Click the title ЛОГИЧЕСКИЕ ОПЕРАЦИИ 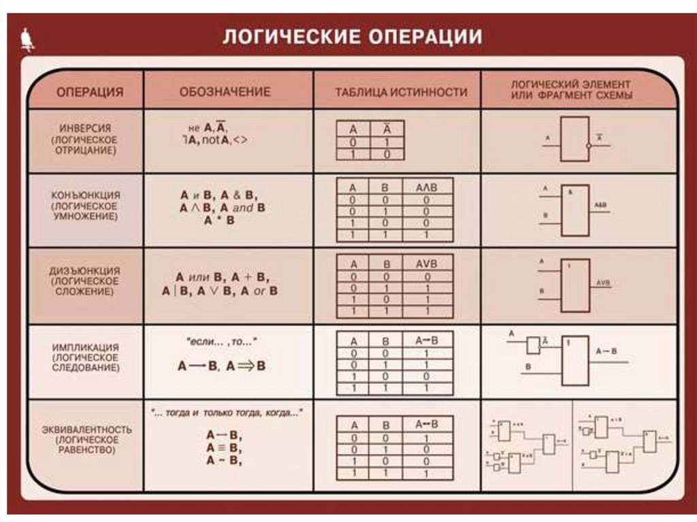pyautogui.click(x=352, y=37)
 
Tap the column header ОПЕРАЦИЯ pyautogui.click(x=89, y=92)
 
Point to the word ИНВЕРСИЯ pyautogui.click(x=85, y=128)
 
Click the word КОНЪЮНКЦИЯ pyautogui.click(x=86, y=195)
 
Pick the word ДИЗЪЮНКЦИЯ pyautogui.click(x=86, y=270)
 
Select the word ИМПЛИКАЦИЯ pyautogui.click(x=86, y=346)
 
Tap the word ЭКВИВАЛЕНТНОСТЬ pyautogui.click(x=86, y=430)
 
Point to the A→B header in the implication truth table pyautogui.click(x=426, y=340)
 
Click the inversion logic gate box pyautogui.click(x=574, y=139)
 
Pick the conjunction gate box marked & pyautogui.click(x=575, y=210)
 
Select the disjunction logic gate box pyautogui.click(x=575, y=284)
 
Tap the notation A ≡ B pyautogui.click(x=225, y=448)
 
